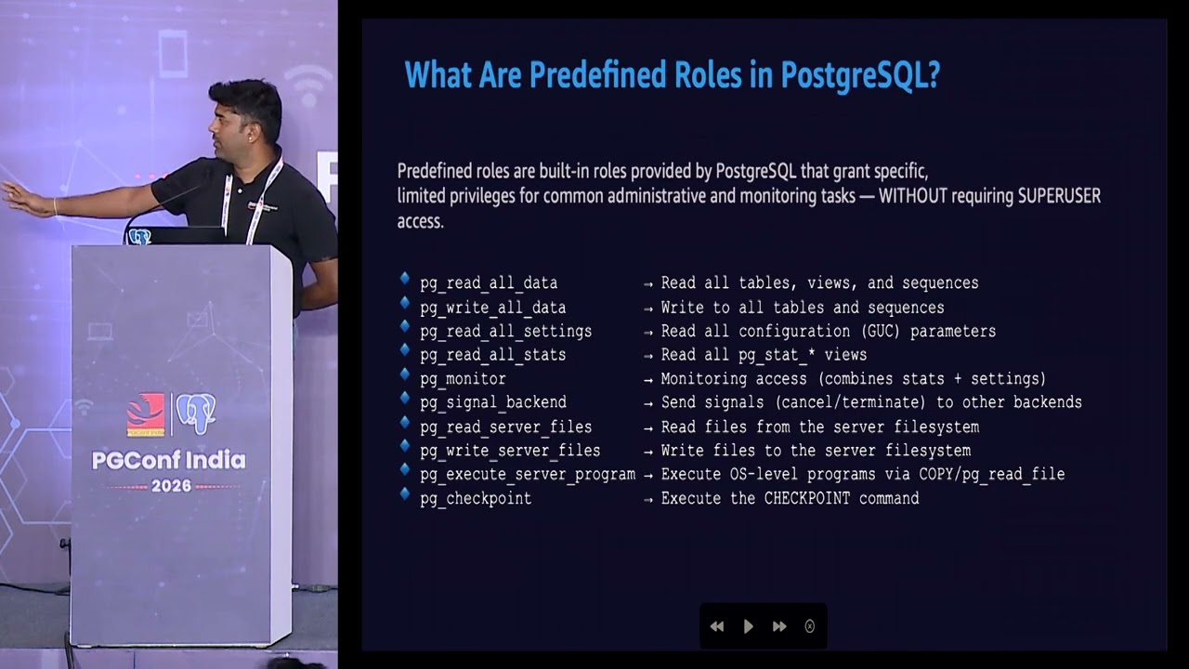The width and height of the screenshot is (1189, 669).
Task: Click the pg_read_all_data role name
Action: point(489,283)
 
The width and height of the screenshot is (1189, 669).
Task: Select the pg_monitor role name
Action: point(463,379)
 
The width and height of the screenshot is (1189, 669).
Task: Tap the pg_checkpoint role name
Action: point(476,499)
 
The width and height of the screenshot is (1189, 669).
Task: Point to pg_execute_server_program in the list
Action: point(528,475)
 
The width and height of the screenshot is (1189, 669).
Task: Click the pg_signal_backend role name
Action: point(493,403)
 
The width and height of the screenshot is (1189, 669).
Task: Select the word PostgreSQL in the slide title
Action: point(860,75)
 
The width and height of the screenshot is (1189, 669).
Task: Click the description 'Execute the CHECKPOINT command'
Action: point(790,499)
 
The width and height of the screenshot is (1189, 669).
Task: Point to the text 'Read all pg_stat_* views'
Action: point(764,355)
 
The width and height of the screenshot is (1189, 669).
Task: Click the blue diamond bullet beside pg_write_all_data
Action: point(405,303)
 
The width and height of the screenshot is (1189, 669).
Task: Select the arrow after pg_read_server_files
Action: point(648,427)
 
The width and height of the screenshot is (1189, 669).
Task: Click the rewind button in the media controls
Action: point(717,626)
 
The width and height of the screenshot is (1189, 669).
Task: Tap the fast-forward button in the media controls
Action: point(779,626)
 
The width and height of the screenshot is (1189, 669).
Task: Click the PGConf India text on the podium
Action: point(169,461)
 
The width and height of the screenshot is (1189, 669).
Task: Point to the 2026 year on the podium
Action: point(171,486)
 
